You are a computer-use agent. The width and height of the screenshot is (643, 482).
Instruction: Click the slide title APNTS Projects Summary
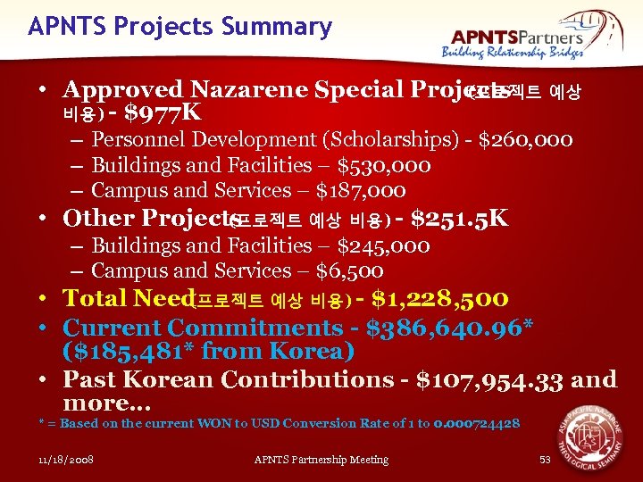(180, 27)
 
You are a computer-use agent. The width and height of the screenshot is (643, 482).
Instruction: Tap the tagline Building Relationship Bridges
(513, 53)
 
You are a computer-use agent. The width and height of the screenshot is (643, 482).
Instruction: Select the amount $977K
(163, 113)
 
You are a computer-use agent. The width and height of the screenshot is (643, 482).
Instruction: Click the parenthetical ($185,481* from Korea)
(209, 352)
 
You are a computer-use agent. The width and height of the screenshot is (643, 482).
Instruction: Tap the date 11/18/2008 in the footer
(67, 460)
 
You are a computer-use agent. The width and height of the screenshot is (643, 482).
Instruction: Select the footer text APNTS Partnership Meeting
(321, 460)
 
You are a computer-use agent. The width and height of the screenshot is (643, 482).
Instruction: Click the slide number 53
(545, 460)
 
